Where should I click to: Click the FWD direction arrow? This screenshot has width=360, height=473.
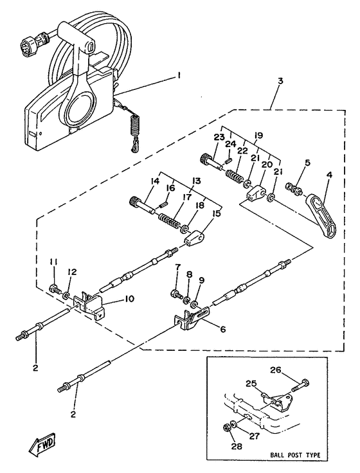pos(42,444)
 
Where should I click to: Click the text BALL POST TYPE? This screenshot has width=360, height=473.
pos(295,455)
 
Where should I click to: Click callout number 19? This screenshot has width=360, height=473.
pos(258,135)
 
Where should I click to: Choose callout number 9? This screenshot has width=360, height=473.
pos(202,281)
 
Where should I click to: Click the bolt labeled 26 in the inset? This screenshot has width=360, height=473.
pos(301,384)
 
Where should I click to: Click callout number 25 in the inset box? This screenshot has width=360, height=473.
pos(251,384)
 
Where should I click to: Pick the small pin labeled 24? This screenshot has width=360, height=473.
pos(230,158)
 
